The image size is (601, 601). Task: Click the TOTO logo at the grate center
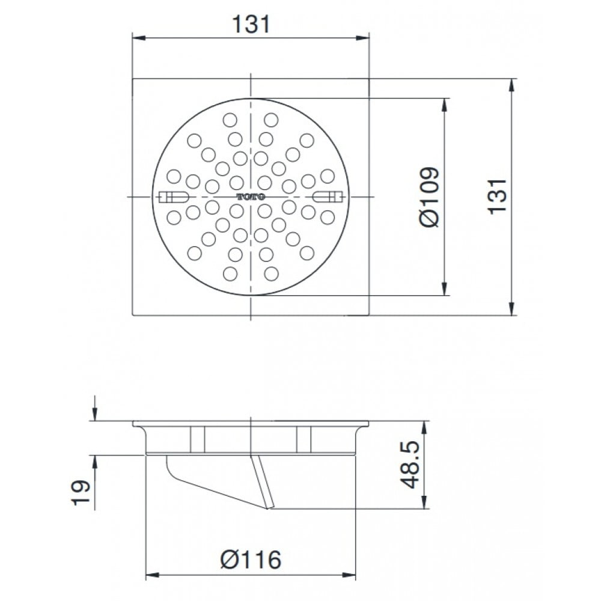click(x=251, y=197)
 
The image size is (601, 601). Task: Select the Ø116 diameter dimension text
click(x=251, y=560)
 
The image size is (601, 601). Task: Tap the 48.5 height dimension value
click(x=410, y=465)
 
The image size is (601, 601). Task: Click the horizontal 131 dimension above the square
click(x=251, y=24)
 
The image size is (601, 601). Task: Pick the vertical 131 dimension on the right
click(x=497, y=197)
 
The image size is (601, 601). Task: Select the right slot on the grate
click(x=327, y=197)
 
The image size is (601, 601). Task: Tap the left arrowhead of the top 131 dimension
click(x=139, y=38)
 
